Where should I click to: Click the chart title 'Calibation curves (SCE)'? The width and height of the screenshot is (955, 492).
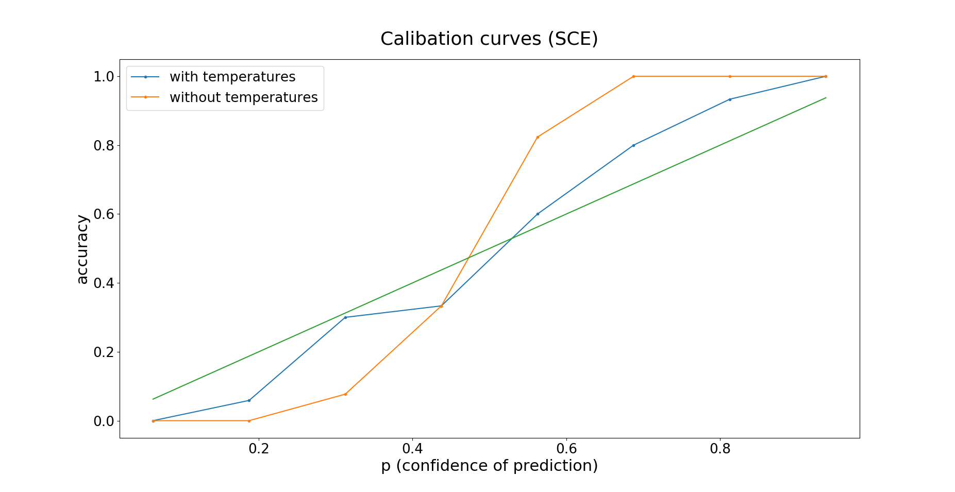pyautogui.click(x=489, y=39)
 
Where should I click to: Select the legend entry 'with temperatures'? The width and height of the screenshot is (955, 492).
pyautogui.click(x=232, y=77)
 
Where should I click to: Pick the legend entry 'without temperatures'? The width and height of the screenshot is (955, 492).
pyautogui.click(x=243, y=97)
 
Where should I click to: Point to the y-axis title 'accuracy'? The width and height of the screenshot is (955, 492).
pyautogui.click(x=82, y=249)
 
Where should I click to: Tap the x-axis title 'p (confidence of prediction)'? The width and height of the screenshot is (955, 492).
pyautogui.click(x=489, y=466)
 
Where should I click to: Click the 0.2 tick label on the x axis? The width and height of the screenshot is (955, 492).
pyautogui.click(x=259, y=449)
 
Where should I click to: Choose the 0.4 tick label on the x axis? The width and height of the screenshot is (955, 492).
pyautogui.click(x=412, y=449)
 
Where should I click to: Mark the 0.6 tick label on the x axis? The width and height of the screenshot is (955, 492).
pyautogui.click(x=566, y=449)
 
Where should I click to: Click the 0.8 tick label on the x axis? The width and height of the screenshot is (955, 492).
pyautogui.click(x=720, y=449)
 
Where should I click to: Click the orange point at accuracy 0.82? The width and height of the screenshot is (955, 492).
pyautogui.click(x=538, y=137)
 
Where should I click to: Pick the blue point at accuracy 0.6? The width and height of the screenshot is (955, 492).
pyautogui.click(x=538, y=214)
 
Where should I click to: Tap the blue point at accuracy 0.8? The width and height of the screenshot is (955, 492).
pyautogui.click(x=633, y=145)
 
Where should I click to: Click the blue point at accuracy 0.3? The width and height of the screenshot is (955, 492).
pyautogui.click(x=345, y=317)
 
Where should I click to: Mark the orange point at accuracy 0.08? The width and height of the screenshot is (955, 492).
pyautogui.click(x=345, y=394)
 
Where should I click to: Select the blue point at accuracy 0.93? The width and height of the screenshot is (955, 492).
pyautogui.click(x=730, y=99)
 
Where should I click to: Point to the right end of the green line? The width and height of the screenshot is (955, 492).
pyautogui.click(x=826, y=98)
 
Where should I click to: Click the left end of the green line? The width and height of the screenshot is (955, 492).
pyautogui.click(x=153, y=399)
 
